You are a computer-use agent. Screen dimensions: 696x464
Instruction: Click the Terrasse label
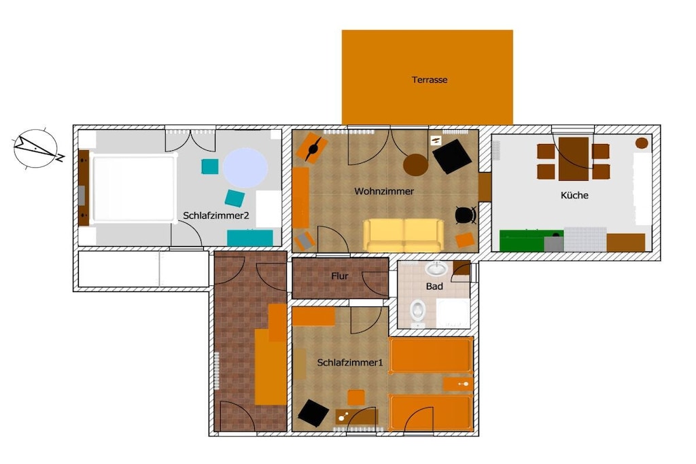[x=430, y=80]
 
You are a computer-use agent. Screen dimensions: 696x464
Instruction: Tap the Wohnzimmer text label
[x=384, y=191]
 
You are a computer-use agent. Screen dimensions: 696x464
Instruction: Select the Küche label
[x=574, y=195]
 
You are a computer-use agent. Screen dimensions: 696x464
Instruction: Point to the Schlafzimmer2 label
[x=215, y=215]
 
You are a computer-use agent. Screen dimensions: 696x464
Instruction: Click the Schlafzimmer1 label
[x=350, y=362]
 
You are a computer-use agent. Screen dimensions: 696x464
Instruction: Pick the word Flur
[x=340, y=276]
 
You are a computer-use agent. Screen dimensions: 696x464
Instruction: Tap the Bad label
[x=434, y=286]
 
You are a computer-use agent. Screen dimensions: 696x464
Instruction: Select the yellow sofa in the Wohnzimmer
[x=404, y=235]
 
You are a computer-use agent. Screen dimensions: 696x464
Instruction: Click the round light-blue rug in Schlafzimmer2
[x=245, y=168]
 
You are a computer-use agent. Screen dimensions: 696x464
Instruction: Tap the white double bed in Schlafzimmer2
[x=133, y=188]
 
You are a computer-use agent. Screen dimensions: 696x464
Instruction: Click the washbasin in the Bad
[x=436, y=268]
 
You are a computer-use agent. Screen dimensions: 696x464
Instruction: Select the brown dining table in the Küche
[x=574, y=159]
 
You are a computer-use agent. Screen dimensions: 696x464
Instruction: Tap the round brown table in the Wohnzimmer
[x=415, y=164]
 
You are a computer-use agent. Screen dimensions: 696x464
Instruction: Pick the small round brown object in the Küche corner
[x=642, y=143]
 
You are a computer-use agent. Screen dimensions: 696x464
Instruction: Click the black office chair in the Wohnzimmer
[x=466, y=215]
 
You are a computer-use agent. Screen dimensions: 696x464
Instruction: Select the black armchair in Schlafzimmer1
[x=313, y=413]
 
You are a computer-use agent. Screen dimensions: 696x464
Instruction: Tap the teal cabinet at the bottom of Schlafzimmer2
[x=250, y=238]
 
